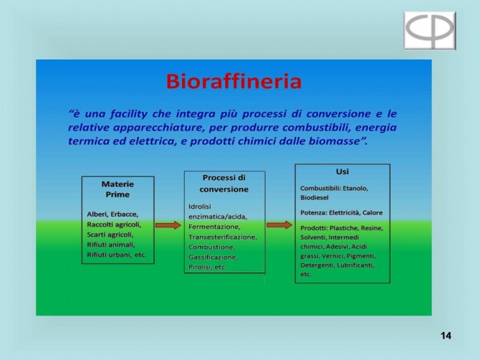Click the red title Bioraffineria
234,81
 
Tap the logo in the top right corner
429,30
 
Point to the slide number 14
446,336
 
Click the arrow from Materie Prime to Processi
168,225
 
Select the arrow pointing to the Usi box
279,225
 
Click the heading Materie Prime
117,189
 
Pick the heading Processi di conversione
224,183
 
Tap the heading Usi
342,171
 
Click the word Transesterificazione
223,237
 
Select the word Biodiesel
315,198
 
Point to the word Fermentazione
214,227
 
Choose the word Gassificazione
213,257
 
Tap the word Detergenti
317,265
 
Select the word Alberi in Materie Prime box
97,214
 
